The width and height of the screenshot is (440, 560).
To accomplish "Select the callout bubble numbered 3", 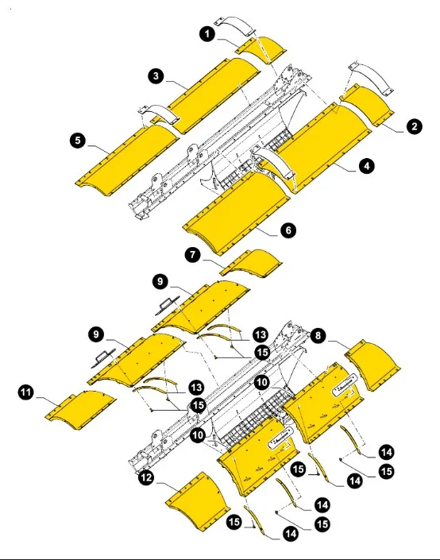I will [x=156, y=75].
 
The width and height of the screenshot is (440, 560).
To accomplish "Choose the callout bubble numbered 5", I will [x=77, y=141].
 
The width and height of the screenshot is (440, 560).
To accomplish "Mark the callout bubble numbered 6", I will [x=288, y=230].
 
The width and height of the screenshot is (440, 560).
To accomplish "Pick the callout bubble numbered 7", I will [x=191, y=254].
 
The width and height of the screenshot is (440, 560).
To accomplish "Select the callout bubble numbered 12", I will [x=145, y=477].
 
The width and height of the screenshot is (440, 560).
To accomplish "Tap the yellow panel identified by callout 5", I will [x=127, y=159].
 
